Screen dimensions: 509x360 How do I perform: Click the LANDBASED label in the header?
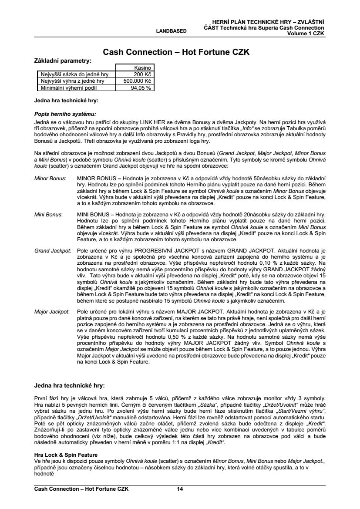[x=172, y=31]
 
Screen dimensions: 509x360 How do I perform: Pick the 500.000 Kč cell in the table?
[x=138, y=81]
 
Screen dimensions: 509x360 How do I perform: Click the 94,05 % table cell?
[x=141, y=87]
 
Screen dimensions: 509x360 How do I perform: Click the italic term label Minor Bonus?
[x=50, y=179]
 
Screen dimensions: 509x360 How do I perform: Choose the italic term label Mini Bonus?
[x=48, y=215]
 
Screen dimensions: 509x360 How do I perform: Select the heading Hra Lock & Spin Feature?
[x=66, y=454]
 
